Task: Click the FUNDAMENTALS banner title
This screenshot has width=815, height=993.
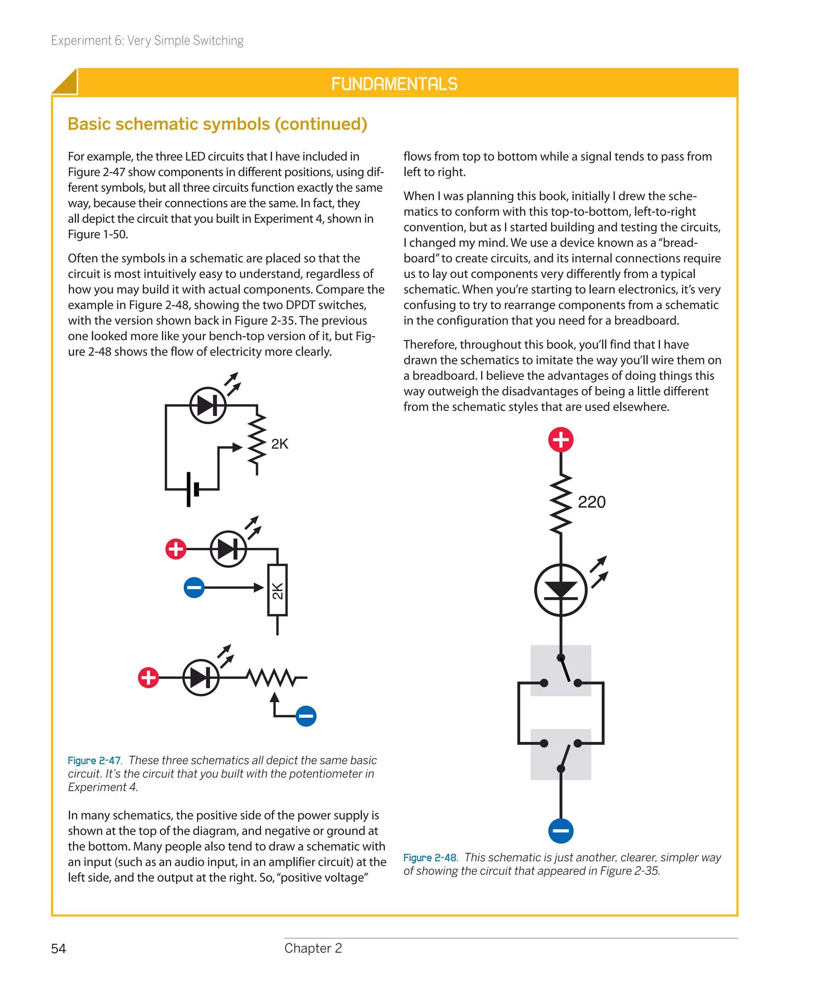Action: pos(394,84)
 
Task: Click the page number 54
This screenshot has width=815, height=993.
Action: pos(58,948)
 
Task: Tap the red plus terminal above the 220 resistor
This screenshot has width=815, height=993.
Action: pos(561,440)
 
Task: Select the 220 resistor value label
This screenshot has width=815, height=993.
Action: pos(591,502)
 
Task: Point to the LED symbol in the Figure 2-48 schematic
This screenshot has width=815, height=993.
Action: pos(561,590)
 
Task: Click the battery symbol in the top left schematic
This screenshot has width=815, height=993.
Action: pos(193,489)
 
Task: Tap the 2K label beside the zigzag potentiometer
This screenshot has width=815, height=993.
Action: pos(279,444)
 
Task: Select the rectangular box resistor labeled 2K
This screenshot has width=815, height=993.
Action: pos(277,590)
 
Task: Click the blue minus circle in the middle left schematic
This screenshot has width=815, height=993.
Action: pos(194,587)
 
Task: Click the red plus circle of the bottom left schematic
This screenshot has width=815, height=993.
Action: pos(148,677)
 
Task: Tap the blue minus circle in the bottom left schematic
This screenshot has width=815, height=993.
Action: pos(306,716)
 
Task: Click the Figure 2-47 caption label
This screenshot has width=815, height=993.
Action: pos(94,760)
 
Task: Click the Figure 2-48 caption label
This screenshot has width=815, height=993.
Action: pos(430,857)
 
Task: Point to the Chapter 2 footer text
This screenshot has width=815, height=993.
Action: pos(313,948)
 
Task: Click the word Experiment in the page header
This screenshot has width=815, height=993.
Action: pos(81,41)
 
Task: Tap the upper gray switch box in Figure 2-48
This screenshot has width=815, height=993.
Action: pos(561,670)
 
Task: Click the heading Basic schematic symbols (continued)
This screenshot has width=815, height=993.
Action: pos(217,124)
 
